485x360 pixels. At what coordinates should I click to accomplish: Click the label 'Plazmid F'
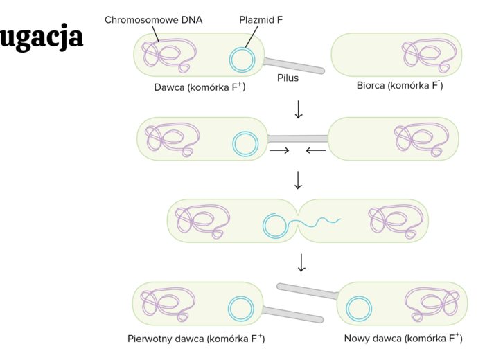tap(261, 19)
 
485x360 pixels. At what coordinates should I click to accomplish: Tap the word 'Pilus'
tap(288, 78)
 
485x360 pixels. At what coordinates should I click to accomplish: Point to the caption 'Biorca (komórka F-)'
tap(400, 85)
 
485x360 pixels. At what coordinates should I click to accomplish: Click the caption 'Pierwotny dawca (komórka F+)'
tap(196, 339)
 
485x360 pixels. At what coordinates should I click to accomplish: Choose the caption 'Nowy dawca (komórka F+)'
tap(403, 339)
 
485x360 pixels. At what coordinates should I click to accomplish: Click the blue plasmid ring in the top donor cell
tap(242, 60)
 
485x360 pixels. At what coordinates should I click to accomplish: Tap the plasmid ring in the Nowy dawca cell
tap(359, 308)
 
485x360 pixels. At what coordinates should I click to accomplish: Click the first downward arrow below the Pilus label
tap(299, 109)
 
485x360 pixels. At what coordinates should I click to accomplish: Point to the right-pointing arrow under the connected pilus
tap(279, 150)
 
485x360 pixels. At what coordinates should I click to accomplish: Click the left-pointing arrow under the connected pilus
tap(316, 150)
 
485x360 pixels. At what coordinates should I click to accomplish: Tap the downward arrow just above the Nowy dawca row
tap(301, 262)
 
